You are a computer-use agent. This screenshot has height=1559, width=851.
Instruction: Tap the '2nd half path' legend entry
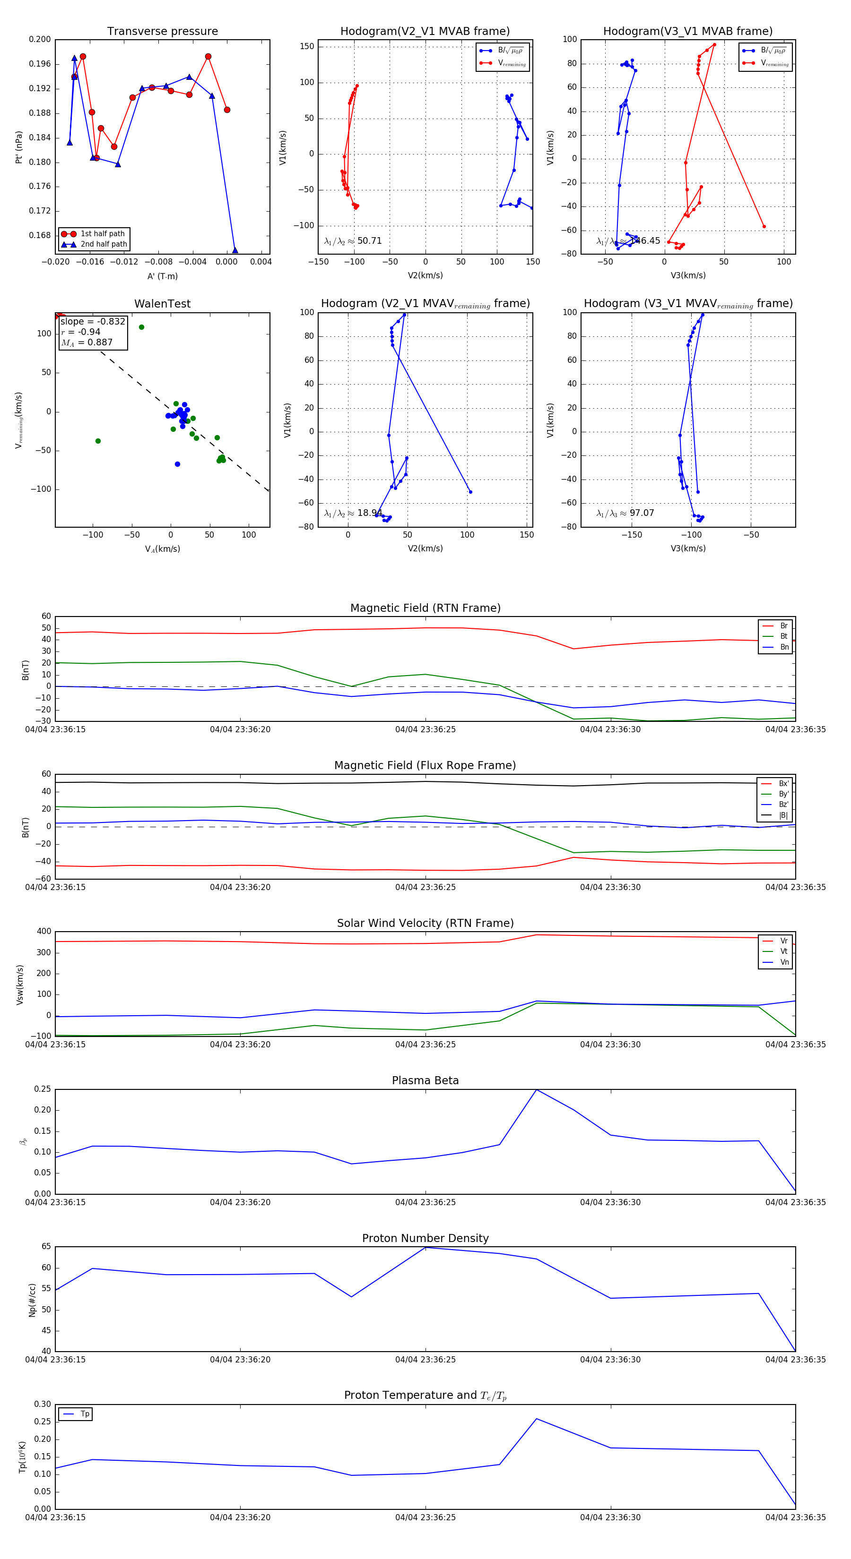(104, 245)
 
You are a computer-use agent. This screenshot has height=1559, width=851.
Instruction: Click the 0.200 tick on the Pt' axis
(40, 39)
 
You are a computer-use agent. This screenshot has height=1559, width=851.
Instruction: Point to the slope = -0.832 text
(93, 321)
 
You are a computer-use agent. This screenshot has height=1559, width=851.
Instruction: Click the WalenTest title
(162, 304)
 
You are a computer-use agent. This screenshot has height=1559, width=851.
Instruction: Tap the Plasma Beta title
(425, 1080)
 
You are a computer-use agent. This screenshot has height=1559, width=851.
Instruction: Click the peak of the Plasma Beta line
(537, 1090)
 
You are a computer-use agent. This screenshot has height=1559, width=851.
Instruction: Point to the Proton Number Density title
(425, 1238)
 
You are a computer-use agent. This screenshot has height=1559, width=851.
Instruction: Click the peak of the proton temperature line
(537, 1419)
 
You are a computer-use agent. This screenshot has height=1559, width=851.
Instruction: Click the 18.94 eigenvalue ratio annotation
(369, 513)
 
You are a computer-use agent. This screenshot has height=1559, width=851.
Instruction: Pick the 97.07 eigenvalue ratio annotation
(642, 513)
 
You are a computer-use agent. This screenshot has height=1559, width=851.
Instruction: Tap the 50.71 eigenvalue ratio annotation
(369, 241)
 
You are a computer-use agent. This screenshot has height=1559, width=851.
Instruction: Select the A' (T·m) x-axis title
(162, 276)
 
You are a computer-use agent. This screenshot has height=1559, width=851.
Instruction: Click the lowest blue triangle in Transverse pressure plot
(235, 250)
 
